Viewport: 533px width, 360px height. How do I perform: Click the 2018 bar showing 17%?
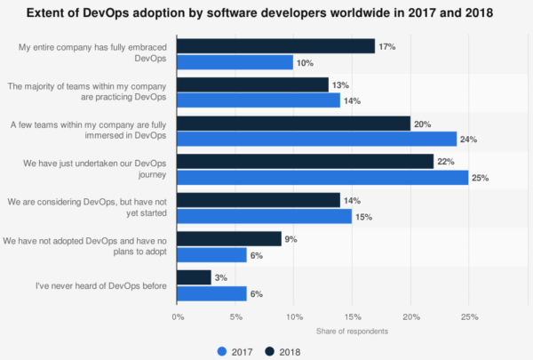275,46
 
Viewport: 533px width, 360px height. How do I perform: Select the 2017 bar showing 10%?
235,62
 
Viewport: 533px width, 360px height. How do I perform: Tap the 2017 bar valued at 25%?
322,178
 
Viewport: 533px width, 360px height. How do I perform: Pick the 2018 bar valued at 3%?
194,277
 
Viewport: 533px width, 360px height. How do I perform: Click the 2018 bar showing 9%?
229,238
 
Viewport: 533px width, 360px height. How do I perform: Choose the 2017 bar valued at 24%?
316,140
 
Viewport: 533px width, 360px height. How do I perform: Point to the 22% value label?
446,162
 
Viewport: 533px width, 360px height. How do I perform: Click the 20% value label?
423,124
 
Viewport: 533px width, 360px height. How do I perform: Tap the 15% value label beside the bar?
364,217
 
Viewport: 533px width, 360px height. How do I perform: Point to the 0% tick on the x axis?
178,316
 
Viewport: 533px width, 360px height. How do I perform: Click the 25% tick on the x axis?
469,316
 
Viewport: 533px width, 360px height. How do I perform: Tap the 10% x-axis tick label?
294,316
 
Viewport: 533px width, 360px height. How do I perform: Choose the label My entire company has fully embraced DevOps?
93,54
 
